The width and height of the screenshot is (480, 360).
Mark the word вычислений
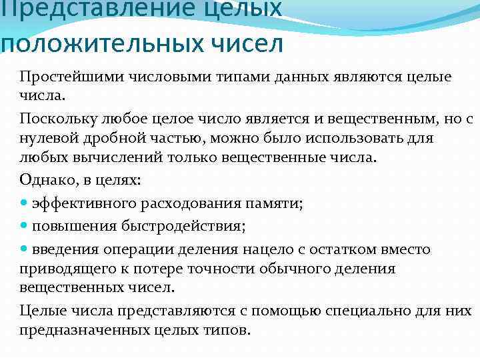(110, 158)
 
